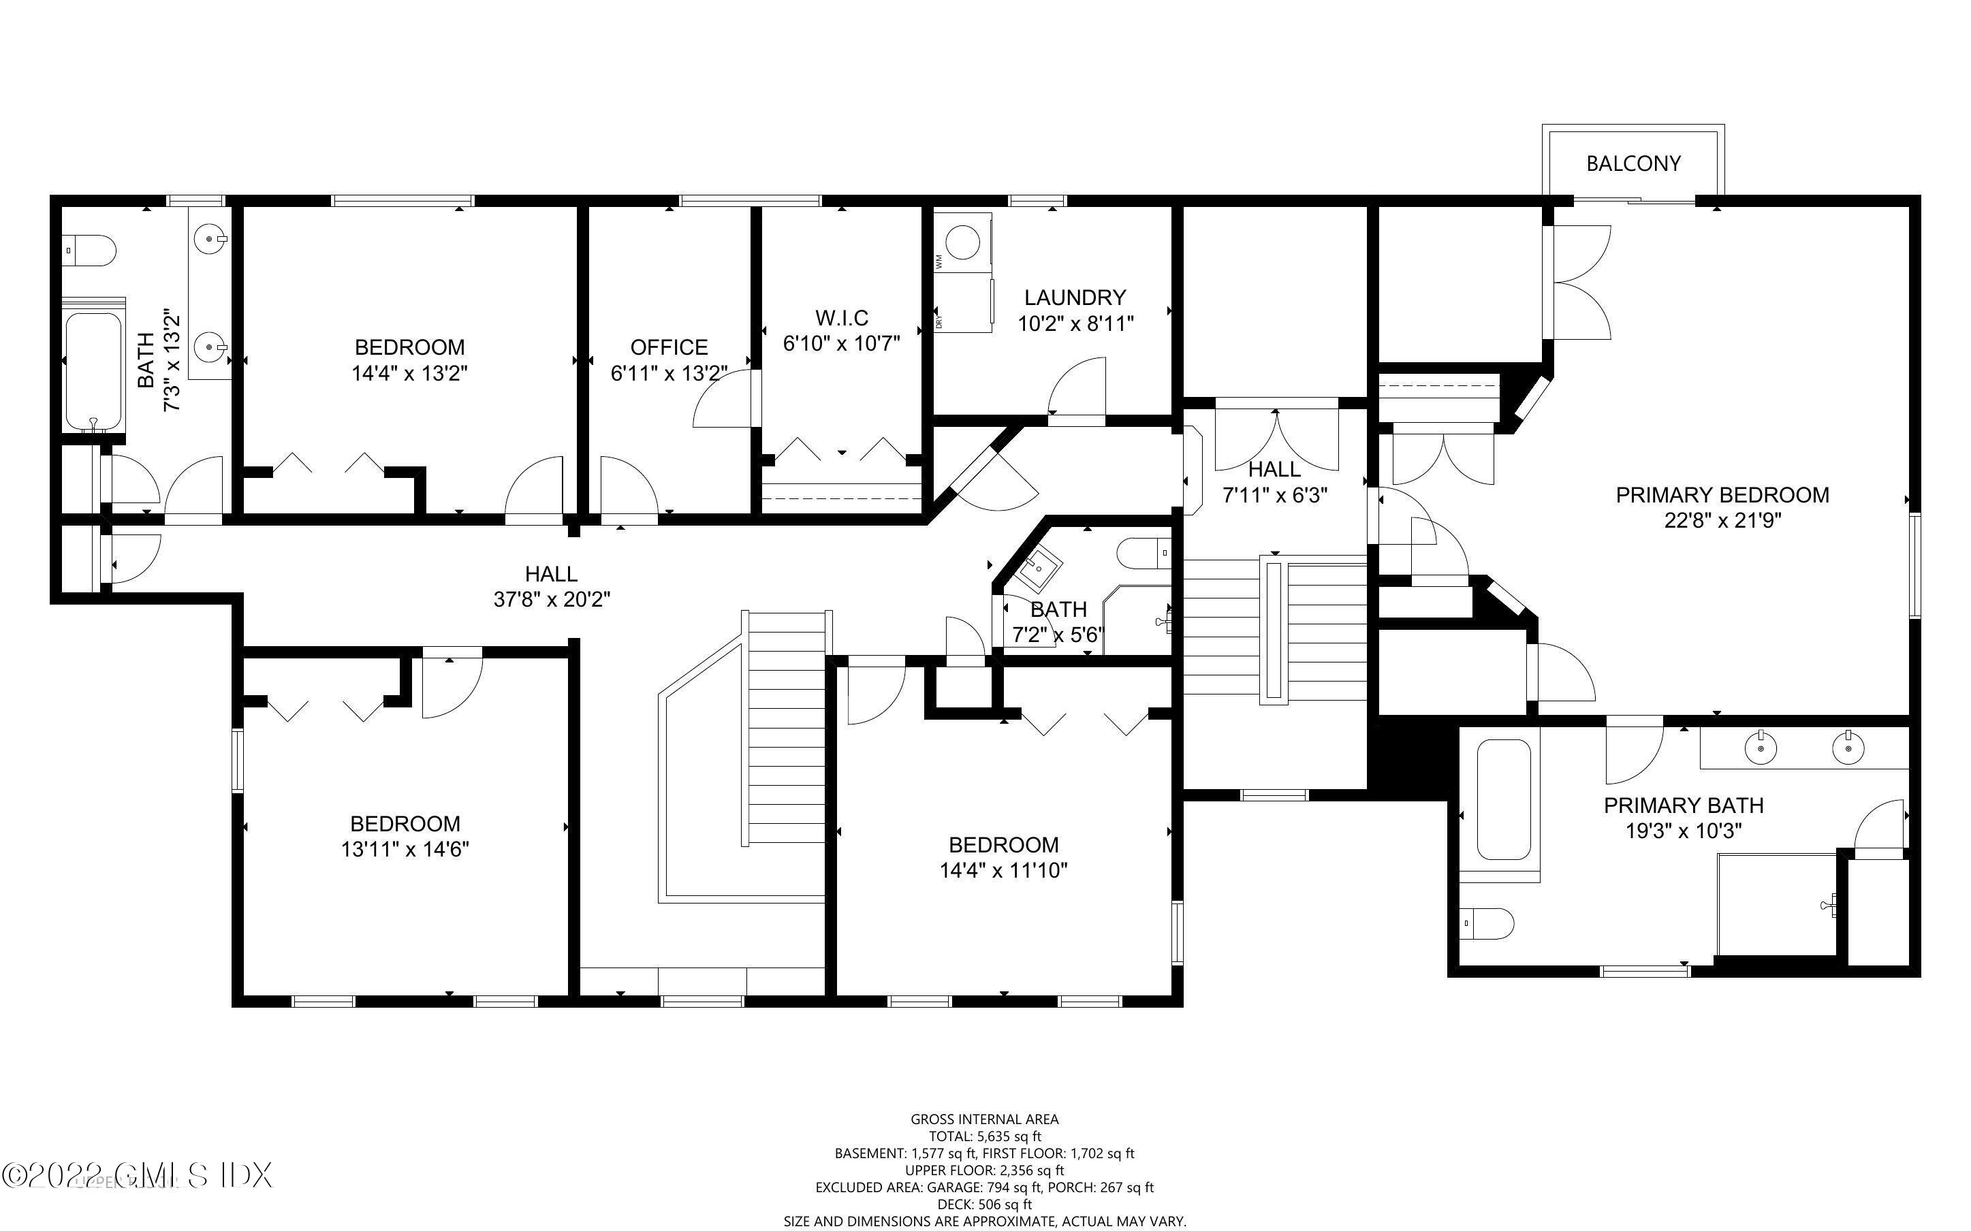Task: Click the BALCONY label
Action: tap(1633, 163)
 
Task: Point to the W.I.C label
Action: tap(842, 317)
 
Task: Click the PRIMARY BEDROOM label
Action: tap(1722, 495)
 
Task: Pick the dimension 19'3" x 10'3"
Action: tap(1683, 831)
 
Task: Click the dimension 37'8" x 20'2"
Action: tap(552, 599)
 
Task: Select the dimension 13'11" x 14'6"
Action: tap(405, 849)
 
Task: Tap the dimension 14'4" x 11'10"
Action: tap(1003, 870)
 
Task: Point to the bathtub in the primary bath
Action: tap(1503, 799)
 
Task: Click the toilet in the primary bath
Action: tap(1486, 923)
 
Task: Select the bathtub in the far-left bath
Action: tap(93, 370)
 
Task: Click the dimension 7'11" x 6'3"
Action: tap(1275, 495)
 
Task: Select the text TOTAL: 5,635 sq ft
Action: tap(985, 1136)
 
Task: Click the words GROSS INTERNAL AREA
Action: tap(985, 1119)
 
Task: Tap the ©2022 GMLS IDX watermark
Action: tap(137, 1174)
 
